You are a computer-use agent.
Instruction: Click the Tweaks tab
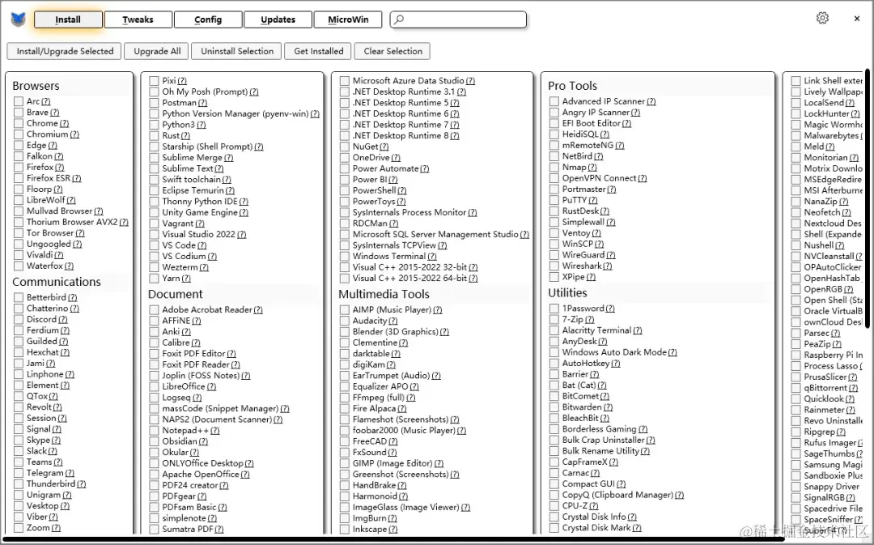pyautogui.click(x=138, y=19)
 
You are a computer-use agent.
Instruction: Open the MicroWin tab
pyautogui.click(x=349, y=19)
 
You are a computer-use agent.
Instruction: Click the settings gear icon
pyautogui.click(x=822, y=18)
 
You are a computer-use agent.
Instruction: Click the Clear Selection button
pyautogui.click(x=392, y=51)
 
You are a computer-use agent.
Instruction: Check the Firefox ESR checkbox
pyautogui.click(x=19, y=178)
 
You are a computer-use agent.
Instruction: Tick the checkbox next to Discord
pyautogui.click(x=19, y=320)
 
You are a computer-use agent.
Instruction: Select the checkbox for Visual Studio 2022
pyautogui.click(x=154, y=235)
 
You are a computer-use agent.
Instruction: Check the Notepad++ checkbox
pyautogui.click(x=154, y=431)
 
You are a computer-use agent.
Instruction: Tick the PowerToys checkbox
pyautogui.click(x=345, y=202)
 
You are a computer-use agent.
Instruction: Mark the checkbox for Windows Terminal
pyautogui.click(x=345, y=257)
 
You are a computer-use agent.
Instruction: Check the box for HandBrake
pyautogui.click(x=345, y=486)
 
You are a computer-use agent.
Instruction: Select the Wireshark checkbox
pyautogui.click(x=554, y=266)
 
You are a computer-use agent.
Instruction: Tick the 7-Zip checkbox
pyautogui.click(x=554, y=320)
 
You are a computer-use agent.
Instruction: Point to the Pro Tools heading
pyautogui.click(x=572, y=86)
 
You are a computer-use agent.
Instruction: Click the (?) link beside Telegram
pyautogui.click(x=70, y=473)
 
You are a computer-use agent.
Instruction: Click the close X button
pyautogui.click(x=857, y=19)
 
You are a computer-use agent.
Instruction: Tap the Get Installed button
pyautogui.click(x=318, y=51)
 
